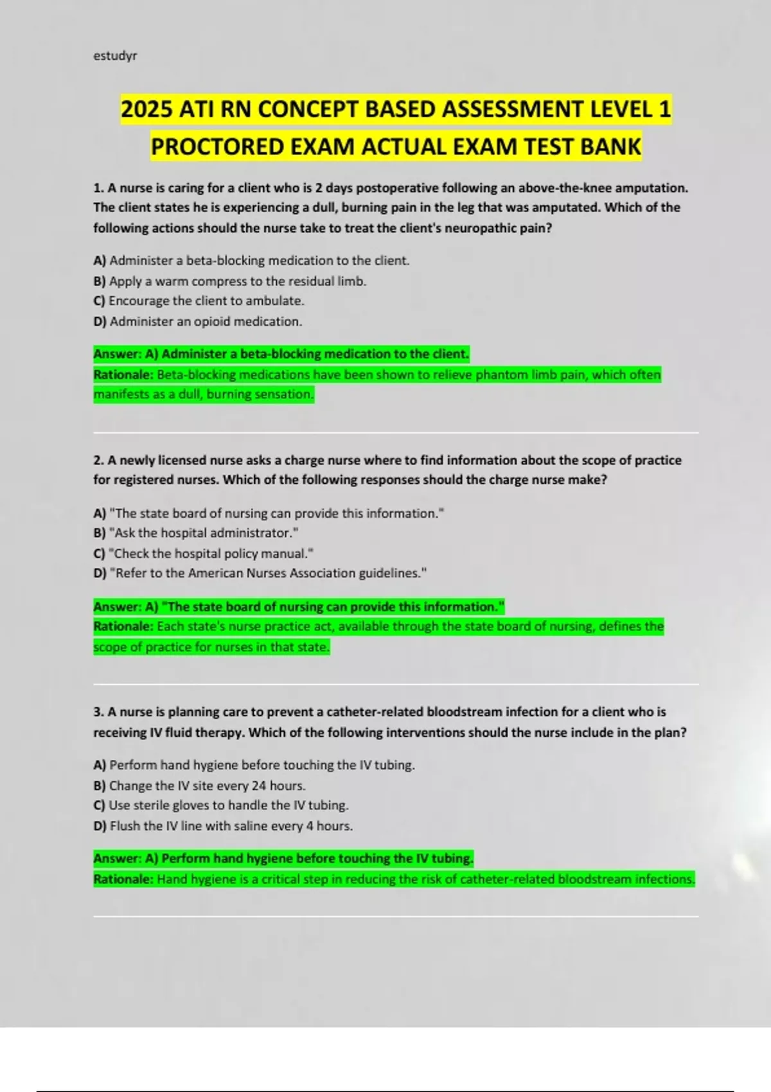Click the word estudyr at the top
pyautogui.click(x=115, y=56)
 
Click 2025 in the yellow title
pyautogui.click(x=146, y=109)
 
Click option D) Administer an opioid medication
pyautogui.click(x=198, y=321)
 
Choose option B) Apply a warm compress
pyautogui.click(x=230, y=281)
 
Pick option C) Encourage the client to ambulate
pyautogui.click(x=199, y=301)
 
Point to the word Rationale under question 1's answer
pyautogui.click(x=123, y=374)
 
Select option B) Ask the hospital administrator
pyautogui.click(x=196, y=533)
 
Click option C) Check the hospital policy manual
pyautogui.click(x=204, y=553)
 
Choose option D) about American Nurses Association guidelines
pyautogui.click(x=260, y=573)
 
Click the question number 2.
pyautogui.click(x=98, y=461)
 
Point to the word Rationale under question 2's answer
pyautogui.click(x=123, y=626)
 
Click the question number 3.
pyautogui.click(x=98, y=712)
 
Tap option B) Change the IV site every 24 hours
pyautogui.click(x=200, y=786)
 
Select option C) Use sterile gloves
pyautogui.click(x=221, y=806)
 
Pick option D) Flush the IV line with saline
pyautogui.click(x=224, y=826)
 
